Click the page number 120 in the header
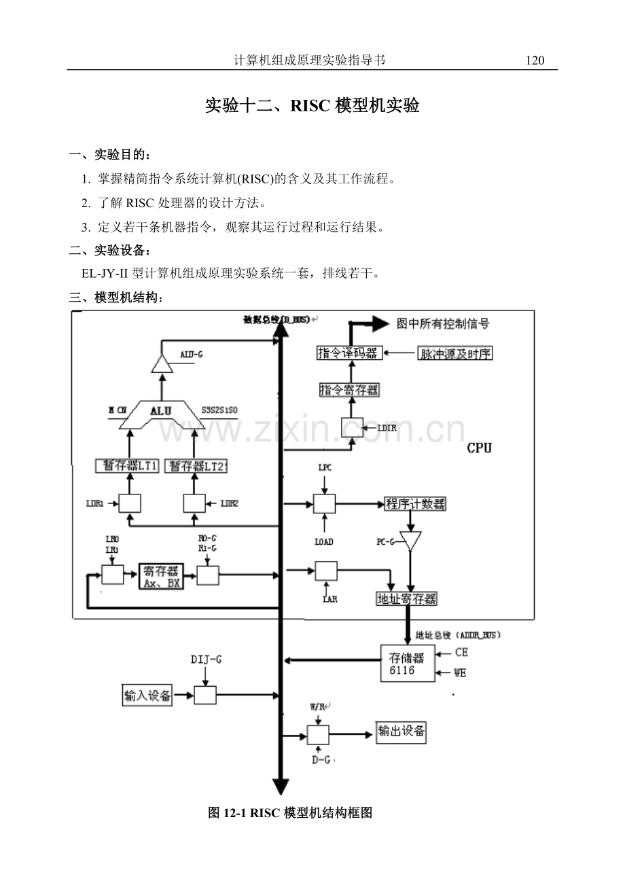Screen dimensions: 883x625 pos(535,60)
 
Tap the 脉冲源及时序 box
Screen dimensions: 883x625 pos(454,353)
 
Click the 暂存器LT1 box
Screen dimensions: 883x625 pos(128,466)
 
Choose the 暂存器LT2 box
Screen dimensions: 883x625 pos(198,466)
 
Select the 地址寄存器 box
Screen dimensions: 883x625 pos(406,598)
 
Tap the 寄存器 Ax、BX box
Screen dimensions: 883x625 pos(161,576)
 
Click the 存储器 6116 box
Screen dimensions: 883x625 pos(407,664)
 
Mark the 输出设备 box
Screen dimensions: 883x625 pos(402,732)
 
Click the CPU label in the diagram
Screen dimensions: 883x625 pos(480,448)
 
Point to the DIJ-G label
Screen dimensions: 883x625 pos(204,660)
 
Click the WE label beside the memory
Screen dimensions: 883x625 pos(461,673)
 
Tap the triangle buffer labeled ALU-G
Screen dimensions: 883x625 pos(161,364)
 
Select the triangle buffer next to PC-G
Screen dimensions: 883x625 pos(410,541)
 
